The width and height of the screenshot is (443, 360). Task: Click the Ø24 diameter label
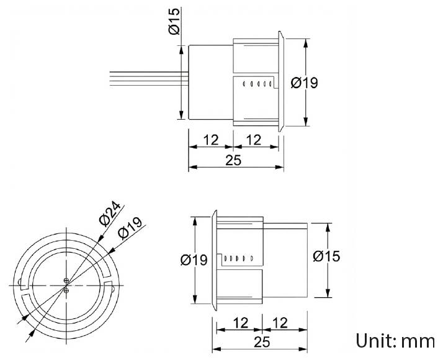pos(109,215)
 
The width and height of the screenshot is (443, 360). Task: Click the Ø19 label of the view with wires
pos(304,83)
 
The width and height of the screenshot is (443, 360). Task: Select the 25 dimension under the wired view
pos(233,160)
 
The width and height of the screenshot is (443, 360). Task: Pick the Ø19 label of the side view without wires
pos(194,260)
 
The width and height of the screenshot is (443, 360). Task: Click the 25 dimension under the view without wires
pos(260,342)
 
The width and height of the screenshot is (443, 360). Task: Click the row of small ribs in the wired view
pos(256,84)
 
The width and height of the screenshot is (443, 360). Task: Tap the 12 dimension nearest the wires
pos(211,140)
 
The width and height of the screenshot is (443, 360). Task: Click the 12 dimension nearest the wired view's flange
pos(255,140)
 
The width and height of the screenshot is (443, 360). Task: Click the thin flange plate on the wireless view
pos(214,258)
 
